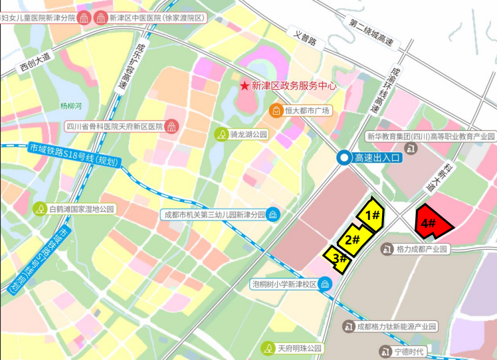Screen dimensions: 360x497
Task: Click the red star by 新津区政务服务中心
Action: pos(245,86)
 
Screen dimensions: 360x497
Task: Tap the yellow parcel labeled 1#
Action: pos(372,214)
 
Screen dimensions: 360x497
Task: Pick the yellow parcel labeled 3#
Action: pos(338,257)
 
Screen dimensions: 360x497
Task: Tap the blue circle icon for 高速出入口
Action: pos(344,157)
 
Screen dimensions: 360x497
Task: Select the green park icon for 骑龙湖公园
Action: pos(221,134)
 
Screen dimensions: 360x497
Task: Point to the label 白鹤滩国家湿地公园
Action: pos(82,209)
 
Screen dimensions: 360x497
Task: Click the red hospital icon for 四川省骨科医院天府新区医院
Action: pos(171,126)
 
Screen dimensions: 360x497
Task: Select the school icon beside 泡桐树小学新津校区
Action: pos(324,284)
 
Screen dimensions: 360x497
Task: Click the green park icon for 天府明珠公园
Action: pos(268,348)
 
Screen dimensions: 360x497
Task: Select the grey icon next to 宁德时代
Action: pos(384,351)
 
